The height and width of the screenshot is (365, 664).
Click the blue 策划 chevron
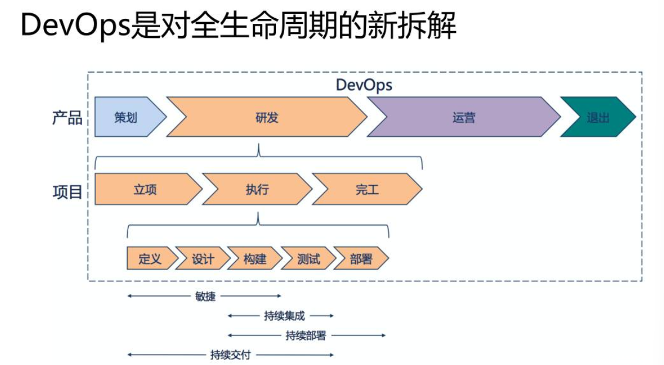tap(126, 117)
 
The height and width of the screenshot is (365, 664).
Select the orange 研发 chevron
tap(267, 117)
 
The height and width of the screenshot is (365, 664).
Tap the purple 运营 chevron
tap(464, 117)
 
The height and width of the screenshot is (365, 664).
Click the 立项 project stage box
tap(145, 189)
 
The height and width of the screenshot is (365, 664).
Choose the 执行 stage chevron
tap(257, 189)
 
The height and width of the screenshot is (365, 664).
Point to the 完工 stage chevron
tap(367, 189)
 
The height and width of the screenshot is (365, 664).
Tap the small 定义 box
tap(150, 258)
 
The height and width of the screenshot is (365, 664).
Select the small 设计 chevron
tap(203, 258)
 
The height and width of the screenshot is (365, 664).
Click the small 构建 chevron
tap(255, 258)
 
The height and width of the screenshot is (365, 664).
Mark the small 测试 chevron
tap(308, 258)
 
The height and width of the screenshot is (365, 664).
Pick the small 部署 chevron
tap(361, 258)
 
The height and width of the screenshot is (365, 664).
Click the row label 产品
tap(67, 117)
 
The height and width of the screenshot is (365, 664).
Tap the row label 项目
tap(67, 192)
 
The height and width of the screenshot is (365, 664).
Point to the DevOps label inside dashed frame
tap(364, 85)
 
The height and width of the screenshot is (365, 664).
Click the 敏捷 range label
tap(205, 296)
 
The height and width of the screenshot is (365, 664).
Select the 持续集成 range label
tap(284, 316)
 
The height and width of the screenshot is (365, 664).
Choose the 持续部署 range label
tap(306, 336)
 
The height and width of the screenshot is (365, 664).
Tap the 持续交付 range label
tap(230, 355)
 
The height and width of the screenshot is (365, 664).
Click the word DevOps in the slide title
tap(76, 25)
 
